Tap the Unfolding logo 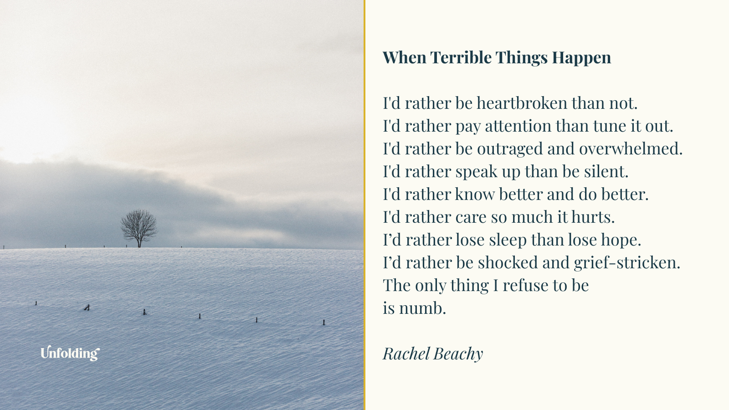(70, 353)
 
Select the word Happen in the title (581, 58)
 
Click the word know (475, 195)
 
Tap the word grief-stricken (626, 263)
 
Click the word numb (422, 308)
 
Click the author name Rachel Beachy (433, 354)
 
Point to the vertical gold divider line (364, 205)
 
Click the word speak (476, 172)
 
